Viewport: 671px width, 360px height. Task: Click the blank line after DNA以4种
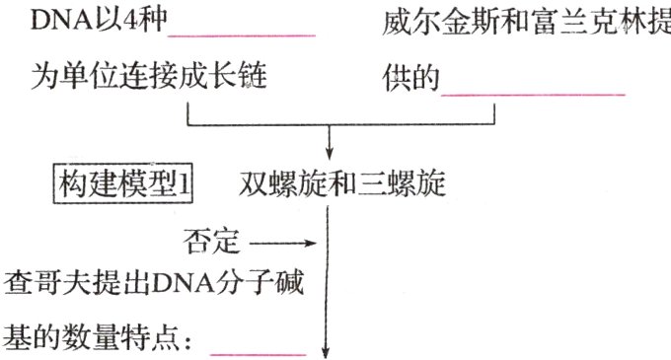click(x=260, y=36)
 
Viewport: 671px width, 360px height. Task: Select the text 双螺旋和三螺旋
click(x=341, y=184)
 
